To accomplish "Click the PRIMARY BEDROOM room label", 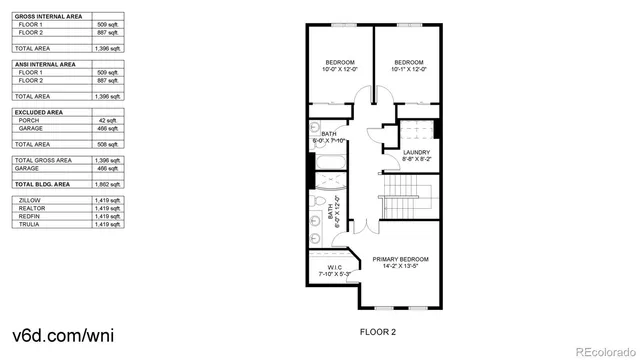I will (x=400, y=259).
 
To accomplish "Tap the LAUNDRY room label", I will (x=416, y=152).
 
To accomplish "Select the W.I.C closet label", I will (x=332, y=267).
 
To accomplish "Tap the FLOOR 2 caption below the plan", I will (x=378, y=330).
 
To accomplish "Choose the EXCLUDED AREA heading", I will (x=40, y=112).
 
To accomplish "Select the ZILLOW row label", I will (x=30, y=200).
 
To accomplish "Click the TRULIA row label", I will (x=29, y=224).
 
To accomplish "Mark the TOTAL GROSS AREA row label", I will (x=43, y=160).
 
